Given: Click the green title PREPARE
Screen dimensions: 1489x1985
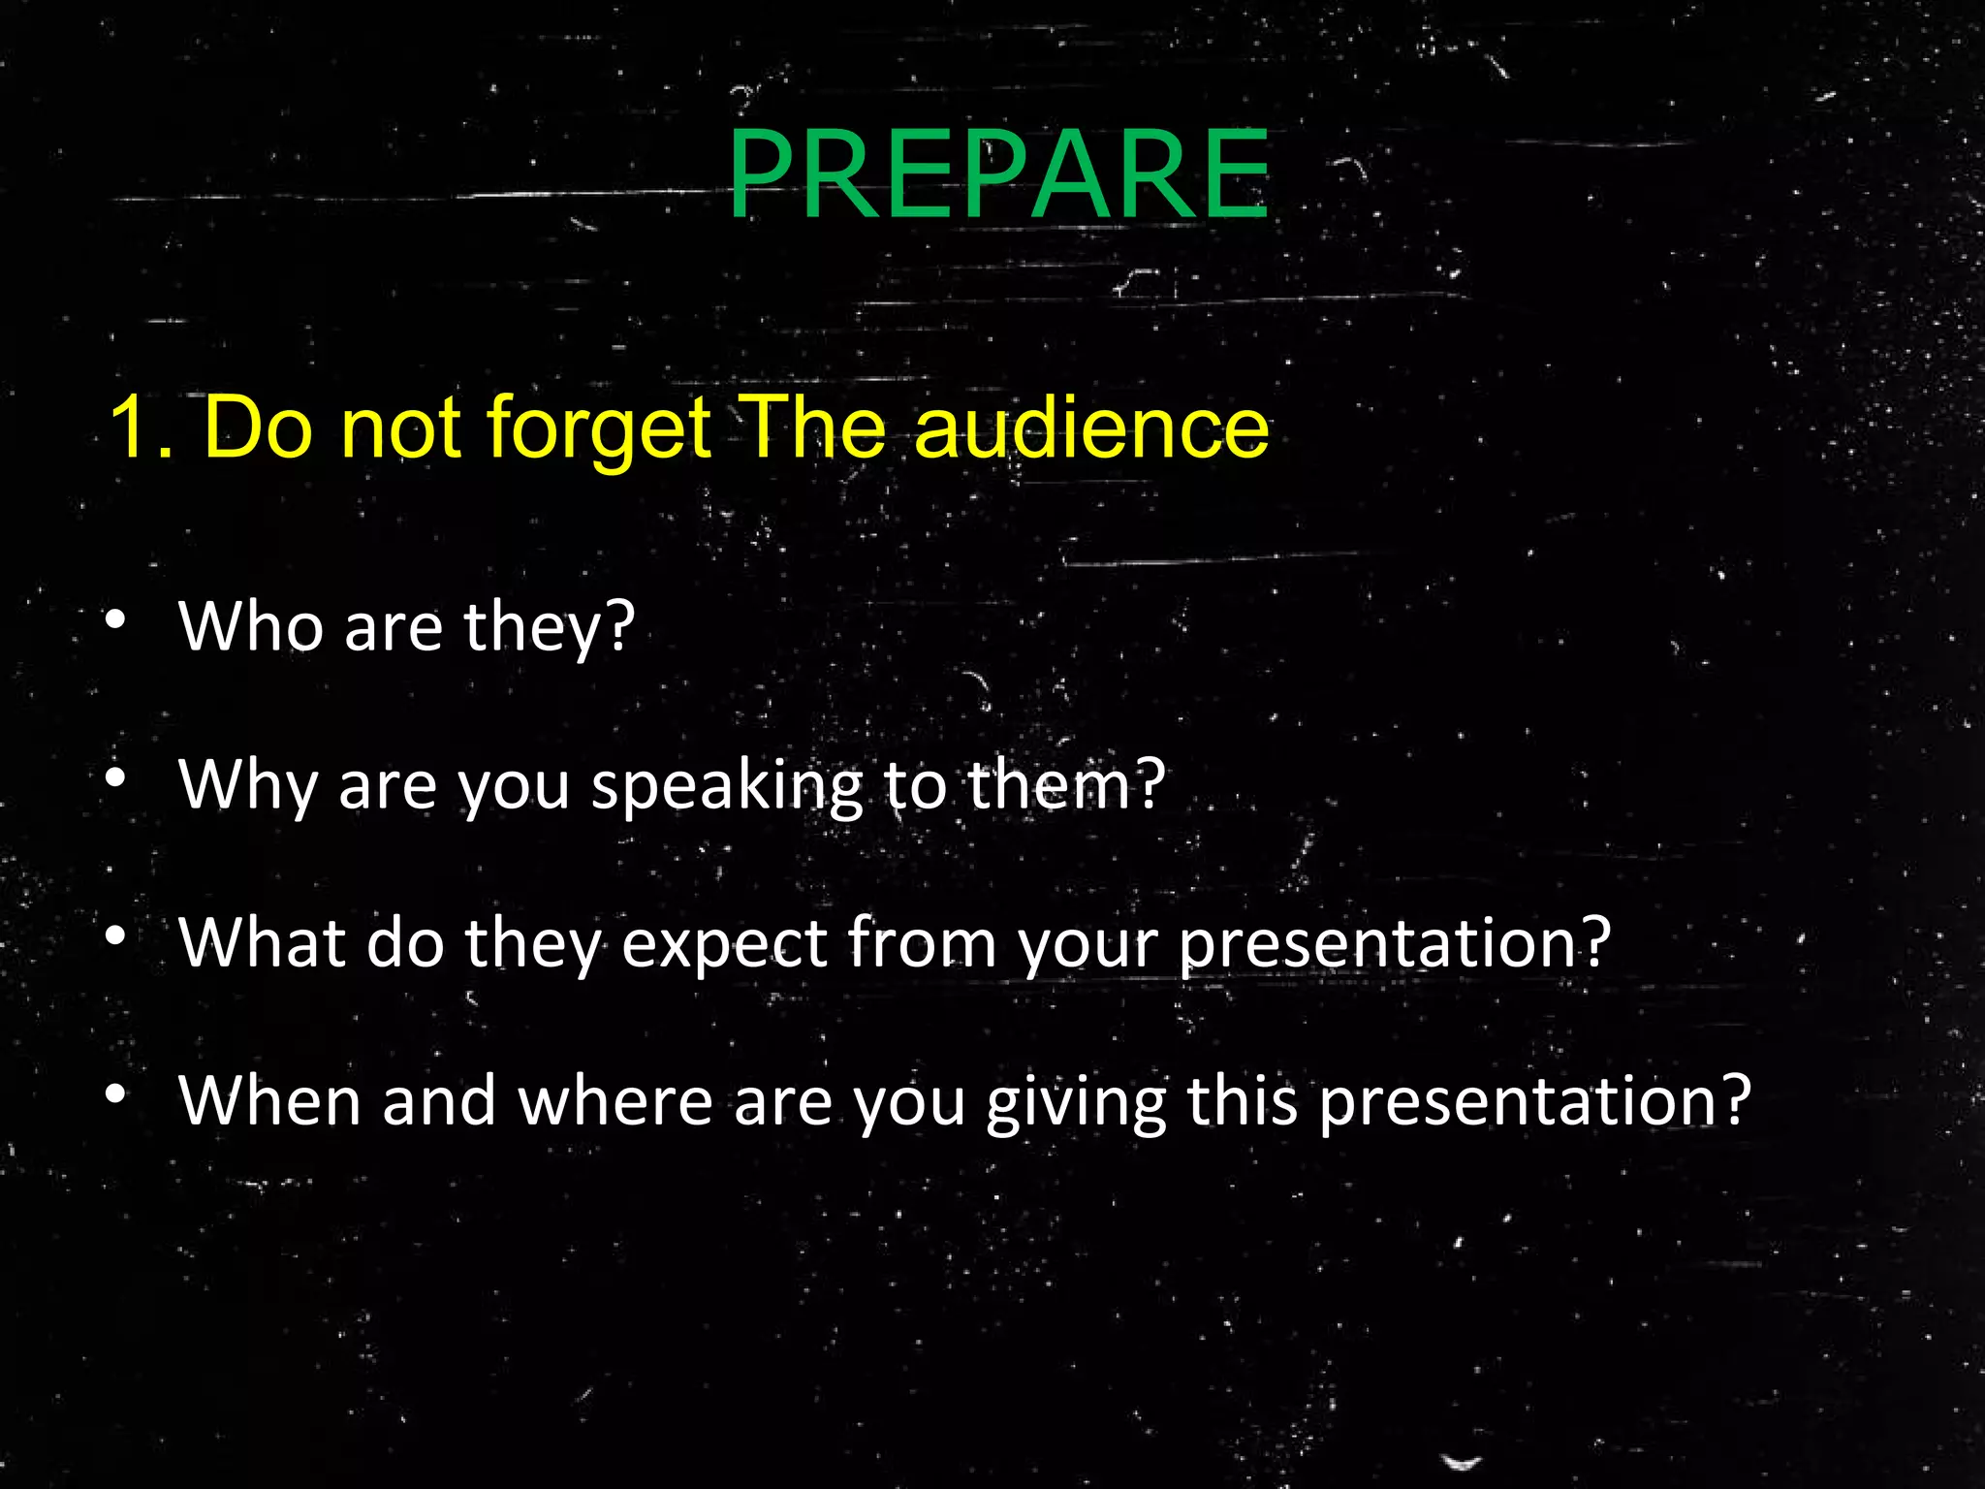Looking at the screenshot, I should (x=998, y=175).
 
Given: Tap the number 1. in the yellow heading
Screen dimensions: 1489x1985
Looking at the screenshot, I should (x=141, y=428).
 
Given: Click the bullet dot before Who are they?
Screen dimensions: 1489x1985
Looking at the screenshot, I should (x=116, y=620).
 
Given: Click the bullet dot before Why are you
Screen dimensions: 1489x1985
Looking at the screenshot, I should (x=116, y=777).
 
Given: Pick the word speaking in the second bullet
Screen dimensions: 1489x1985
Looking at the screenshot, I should (x=726, y=785).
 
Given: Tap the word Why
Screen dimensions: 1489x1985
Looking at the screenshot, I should (x=248, y=785).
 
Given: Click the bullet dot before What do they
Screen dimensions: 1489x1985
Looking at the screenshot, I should (x=116, y=935).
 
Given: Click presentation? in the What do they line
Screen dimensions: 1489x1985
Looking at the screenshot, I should (x=1394, y=943).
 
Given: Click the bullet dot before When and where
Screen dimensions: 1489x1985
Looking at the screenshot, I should (x=116, y=1094).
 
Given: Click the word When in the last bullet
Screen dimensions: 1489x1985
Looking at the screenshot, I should (x=269, y=1100).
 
